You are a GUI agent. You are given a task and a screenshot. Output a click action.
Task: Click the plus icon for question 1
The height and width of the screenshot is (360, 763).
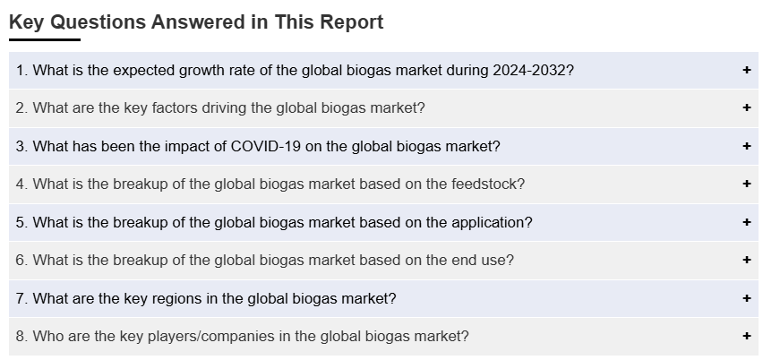click(747, 70)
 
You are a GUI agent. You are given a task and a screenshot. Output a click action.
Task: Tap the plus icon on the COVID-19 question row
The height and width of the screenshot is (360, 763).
click(747, 146)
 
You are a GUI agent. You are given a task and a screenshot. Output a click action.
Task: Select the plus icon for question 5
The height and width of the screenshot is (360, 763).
click(747, 222)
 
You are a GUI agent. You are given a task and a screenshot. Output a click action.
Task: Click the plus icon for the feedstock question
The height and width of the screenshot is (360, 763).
click(747, 184)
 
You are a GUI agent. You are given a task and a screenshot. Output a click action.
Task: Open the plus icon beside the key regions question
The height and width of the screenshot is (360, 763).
click(747, 297)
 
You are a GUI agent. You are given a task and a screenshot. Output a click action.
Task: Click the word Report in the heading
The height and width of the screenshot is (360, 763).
click(352, 22)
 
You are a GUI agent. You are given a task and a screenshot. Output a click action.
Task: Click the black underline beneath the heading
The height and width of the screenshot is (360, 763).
click(45, 40)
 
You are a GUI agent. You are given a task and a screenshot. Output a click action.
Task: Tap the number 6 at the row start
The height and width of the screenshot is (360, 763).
click(20, 261)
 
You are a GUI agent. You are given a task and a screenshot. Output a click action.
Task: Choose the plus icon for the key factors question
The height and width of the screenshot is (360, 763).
click(747, 107)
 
